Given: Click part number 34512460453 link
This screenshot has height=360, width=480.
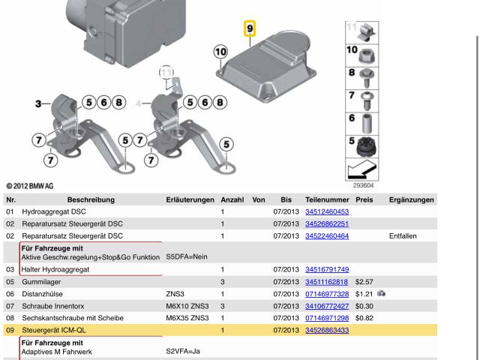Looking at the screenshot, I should coord(327,212).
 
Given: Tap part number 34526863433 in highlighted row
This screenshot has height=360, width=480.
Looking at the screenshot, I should coord(327,330).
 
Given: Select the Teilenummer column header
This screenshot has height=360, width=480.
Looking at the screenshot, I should coord(327,200).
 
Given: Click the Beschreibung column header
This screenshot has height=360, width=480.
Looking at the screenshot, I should coord(91,200).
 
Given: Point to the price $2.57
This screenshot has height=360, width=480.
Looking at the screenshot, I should coord(364,283).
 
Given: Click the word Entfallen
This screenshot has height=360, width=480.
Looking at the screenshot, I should coord(402,236).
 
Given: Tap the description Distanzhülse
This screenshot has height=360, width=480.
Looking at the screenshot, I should coord(43,295).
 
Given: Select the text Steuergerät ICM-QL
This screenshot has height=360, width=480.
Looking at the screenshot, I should coord(54,330).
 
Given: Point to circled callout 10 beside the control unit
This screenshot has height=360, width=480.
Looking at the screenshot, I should coord(220,52).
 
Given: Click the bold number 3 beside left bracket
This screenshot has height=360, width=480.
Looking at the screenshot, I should coord(38,103).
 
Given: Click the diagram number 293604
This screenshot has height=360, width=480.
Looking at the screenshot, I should coord(363,185).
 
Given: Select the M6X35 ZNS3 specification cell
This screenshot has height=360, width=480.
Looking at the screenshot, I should coord(187,318).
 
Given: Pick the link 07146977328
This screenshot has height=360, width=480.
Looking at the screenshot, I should coord(327,295).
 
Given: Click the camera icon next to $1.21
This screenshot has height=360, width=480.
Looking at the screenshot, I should coord(382,294).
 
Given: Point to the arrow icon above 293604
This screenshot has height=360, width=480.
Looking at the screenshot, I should coord(361,169).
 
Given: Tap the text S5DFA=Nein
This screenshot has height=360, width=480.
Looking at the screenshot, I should coord(186,257).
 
